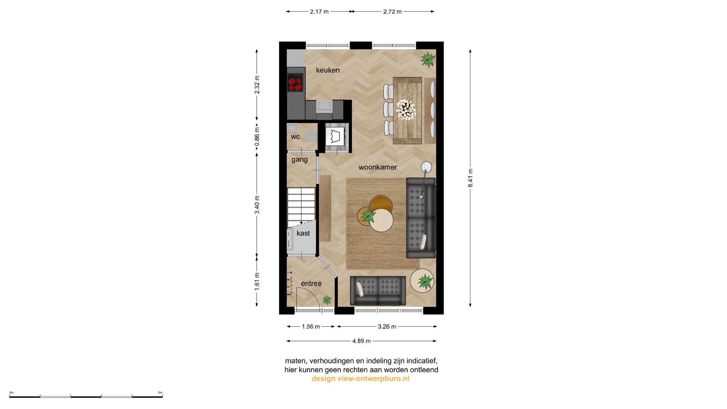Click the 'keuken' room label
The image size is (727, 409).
(328, 70)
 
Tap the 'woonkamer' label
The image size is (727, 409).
(378, 167)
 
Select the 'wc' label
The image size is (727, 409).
(295, 137)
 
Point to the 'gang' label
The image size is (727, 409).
(299, 160)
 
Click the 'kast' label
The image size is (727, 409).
(303, 233)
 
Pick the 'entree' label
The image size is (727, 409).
(311, 284)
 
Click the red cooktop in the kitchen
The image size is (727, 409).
(295, 83)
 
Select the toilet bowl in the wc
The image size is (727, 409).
(311, 136)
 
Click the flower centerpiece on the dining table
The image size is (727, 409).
(406, 109)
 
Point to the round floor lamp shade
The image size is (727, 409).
(426, 167)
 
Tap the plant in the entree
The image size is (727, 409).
(327, 300)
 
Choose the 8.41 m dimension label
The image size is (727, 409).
(470, 178)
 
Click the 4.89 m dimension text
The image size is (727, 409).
(361, 341)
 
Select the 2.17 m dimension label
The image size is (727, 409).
(319, 12)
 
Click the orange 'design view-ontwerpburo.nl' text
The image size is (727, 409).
(360, 379)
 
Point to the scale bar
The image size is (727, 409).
(86, 396)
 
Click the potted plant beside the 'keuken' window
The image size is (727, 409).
(428, 59)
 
